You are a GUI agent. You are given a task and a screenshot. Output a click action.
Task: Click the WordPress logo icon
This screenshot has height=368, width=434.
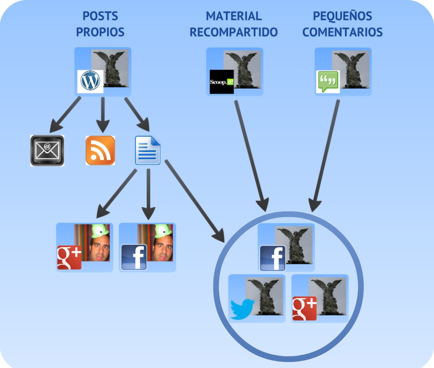(x=90, y=81)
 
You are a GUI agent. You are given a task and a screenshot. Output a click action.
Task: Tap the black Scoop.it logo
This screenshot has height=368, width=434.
(x=222, y=82)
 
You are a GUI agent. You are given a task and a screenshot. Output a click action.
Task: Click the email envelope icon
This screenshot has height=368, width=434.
(x=47, y=151)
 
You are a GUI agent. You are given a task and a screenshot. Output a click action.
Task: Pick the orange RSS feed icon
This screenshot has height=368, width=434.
(x=100, y=151)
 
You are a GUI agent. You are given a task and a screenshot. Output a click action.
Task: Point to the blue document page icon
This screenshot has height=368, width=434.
(x=147, y=151)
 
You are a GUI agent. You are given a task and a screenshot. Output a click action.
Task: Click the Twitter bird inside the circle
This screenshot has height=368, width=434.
(x=243, y=309)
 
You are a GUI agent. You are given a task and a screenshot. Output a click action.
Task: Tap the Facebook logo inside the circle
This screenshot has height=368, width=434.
(x=272, y=258)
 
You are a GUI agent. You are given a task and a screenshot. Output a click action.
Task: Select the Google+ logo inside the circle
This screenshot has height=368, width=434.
(x=305, y=308)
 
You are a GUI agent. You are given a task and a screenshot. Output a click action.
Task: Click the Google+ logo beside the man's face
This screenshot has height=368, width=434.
(x=69, y=257)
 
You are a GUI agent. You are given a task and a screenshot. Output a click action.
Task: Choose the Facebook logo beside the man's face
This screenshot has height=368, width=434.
(x=134, y=257)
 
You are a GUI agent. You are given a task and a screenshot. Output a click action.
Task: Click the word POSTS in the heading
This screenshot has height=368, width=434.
(x=100, y=16)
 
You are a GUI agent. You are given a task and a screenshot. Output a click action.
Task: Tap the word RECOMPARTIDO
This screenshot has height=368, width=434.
(x=234, y=32)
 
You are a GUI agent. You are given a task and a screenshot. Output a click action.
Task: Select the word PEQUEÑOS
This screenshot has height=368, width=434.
(x=343, y=16)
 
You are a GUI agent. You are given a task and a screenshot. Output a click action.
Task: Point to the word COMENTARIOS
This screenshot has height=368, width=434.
(x=343, y=32)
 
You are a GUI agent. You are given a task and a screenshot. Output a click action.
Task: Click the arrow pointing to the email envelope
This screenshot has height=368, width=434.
(x=66, y=114)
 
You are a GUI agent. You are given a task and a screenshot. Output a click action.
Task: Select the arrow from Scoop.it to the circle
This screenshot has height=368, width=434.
(x=251, y=154)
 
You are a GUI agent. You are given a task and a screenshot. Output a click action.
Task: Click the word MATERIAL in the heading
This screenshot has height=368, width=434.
(x=234, y=16)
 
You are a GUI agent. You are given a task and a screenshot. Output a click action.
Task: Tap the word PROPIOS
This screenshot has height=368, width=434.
(x=100, y=32)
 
